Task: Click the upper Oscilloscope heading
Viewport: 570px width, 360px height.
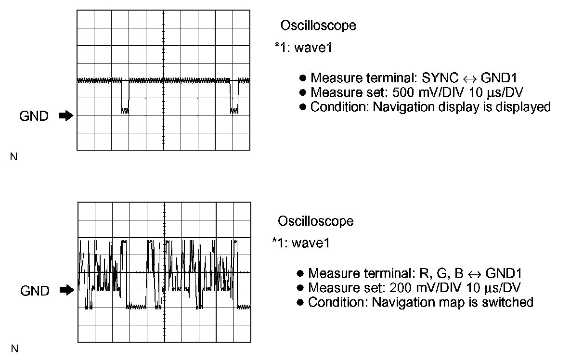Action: tap(318, 26)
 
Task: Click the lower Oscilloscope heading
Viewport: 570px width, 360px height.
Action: tap(315, 221)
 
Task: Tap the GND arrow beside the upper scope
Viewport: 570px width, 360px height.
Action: tap(65, 116)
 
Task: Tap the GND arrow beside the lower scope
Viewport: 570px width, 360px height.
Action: tap(66, 290)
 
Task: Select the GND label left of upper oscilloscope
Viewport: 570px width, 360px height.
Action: tap(34, 116)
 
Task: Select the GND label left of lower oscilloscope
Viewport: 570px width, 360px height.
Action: tap(35, 291)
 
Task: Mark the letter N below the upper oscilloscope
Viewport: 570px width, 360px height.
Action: tap(13, 157)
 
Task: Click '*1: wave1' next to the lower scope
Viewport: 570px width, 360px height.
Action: tap(301, 243)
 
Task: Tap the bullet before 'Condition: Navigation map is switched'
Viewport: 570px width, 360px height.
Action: tap(300, 302)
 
